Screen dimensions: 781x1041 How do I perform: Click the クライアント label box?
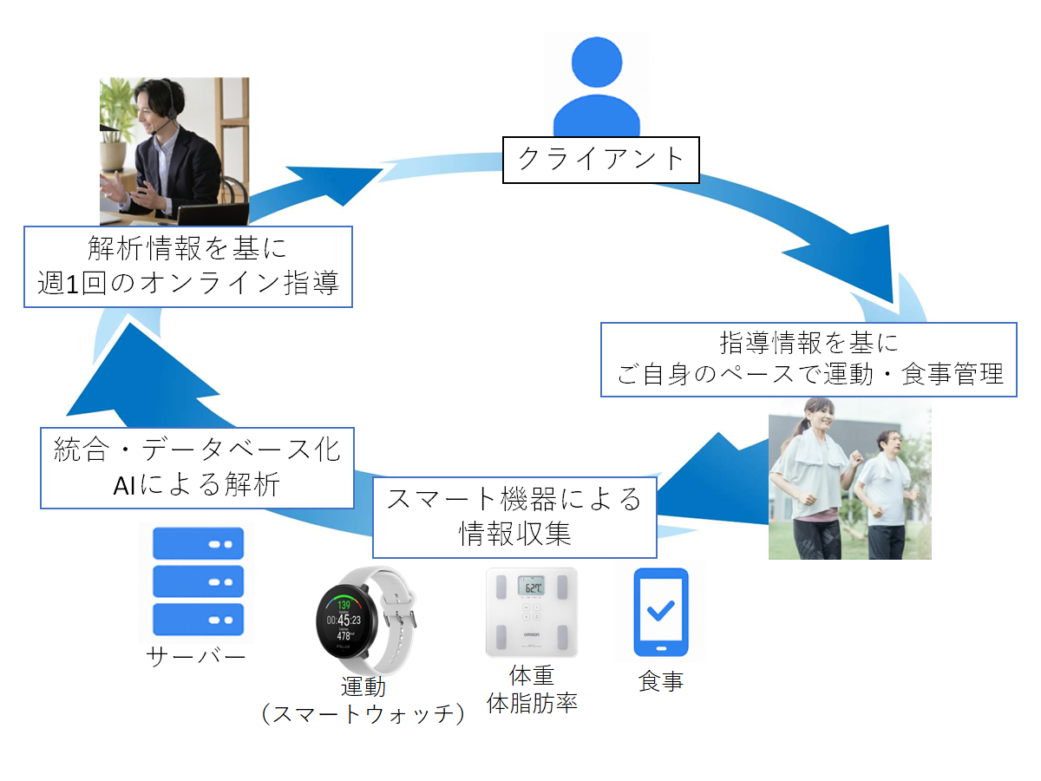pos(601,158)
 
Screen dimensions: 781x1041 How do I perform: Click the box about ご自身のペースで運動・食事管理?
pos(809,359)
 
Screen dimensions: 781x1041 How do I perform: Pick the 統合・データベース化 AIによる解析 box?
pos(198,467)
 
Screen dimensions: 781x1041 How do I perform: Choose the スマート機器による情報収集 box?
pos(514,516)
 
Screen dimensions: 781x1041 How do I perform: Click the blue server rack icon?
pos(198,581)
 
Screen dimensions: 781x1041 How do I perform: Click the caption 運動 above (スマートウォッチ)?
pos(363,686)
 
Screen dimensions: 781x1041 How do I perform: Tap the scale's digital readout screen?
pos(531,587)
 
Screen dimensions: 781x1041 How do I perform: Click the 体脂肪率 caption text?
pos(532,702)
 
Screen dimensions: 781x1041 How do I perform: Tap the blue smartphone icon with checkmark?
pos(661,612)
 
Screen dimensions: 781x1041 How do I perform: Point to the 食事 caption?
pos(661,681)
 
